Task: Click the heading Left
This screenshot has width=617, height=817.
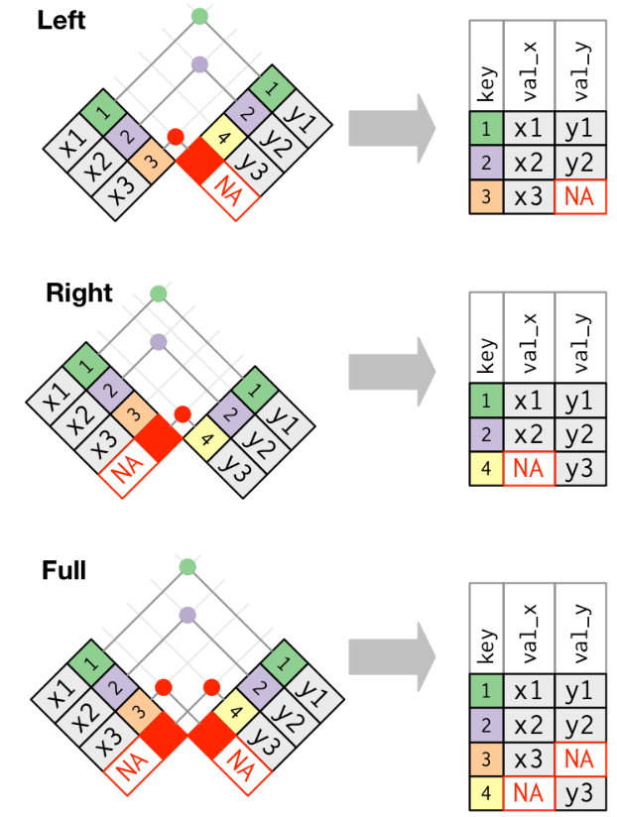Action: [62, 19]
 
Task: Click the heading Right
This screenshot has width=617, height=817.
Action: [79, 293]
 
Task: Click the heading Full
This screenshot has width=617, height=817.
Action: [64, 570]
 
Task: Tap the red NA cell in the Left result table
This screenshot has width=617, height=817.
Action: [579, 196]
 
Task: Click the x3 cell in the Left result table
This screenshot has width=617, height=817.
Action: [529, 196]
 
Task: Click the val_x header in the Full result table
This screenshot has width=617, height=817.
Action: [529, 636]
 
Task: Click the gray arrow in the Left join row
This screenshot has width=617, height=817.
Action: [391, 129]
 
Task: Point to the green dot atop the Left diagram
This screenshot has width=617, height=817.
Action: [200, 16]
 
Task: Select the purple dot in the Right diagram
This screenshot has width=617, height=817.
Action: [158, 341]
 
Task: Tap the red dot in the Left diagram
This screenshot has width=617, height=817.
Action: [176, 137]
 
